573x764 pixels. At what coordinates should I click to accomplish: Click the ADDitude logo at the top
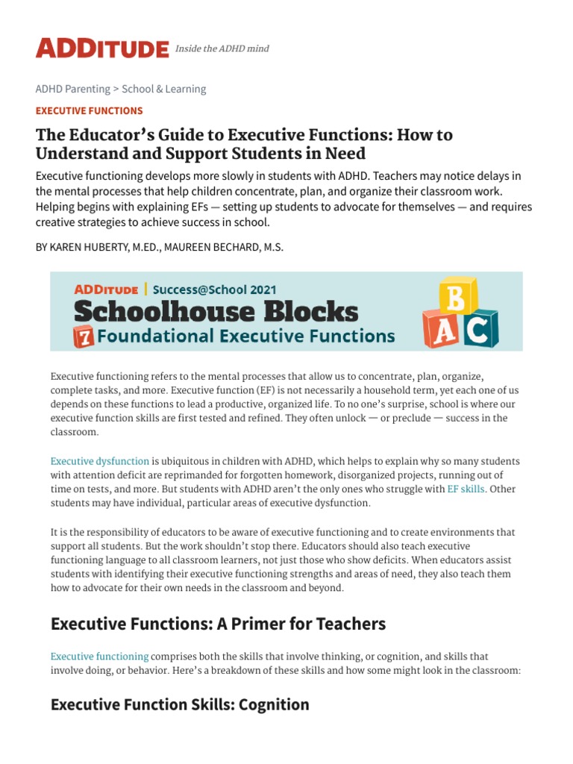pyautogui.click(x=102, y=49)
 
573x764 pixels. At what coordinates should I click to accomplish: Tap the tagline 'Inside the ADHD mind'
pyautogui.click(x=222, y=49)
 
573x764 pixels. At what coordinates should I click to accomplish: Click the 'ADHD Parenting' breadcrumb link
pyautogui.click(x=72, y=89)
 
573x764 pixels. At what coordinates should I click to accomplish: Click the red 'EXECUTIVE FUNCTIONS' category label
pyautogui.click(x=89, y=110)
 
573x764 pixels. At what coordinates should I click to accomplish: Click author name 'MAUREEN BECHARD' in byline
pyautogui.click(x=224, y=247)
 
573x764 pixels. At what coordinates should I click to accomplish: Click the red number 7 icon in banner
pyautogui.click(x=83, y=336)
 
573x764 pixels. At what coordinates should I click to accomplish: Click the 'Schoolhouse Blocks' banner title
pyautogui.click(x=216, y=311)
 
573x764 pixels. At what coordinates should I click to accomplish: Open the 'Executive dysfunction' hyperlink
pyautogui.click(x=100, y=461)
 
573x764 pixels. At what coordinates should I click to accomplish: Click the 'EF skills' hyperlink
pyautogui.click(x=466, y=489)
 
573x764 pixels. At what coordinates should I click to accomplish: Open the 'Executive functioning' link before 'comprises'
pyautogui.click(x=99, y=657)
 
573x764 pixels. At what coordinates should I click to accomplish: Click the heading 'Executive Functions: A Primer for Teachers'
pyautogui.click(x=218, y=624)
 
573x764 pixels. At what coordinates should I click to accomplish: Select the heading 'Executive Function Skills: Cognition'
pyautogui.click(x=179, y=704)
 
